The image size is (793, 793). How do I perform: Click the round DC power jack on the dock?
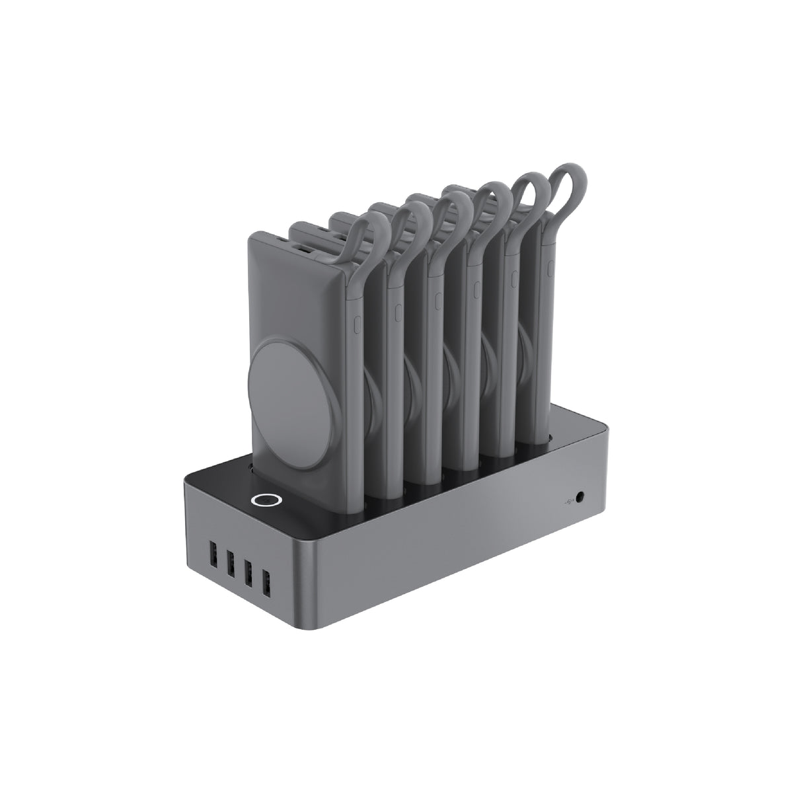tap(582, 495)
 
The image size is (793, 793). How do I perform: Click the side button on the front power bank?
tap(358, 324)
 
